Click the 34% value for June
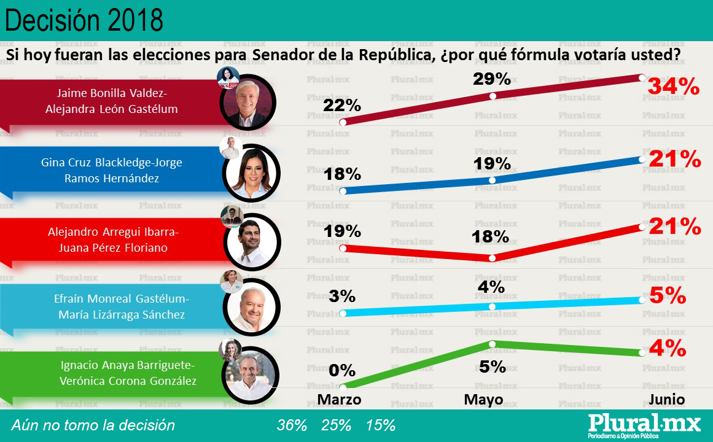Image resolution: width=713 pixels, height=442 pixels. coord(673,88)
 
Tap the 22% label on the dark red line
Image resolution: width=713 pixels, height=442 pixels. coord(342,106)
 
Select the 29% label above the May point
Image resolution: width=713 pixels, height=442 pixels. coord(492,79)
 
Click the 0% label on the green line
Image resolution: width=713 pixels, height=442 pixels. coord(342,371)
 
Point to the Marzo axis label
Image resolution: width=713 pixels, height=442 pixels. coord(339,400)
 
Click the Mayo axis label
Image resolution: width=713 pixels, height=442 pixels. coord(483,400)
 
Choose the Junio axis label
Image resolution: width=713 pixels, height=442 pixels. coord(667,400)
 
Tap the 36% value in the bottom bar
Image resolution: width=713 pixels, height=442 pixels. coord(292,425)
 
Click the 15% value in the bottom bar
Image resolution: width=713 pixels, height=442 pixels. coord(381,425)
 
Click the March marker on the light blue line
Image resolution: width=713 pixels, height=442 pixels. coord(343,313)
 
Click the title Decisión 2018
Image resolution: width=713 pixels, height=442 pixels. coord(84,21)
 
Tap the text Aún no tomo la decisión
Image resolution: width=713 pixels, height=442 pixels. coord(93,425)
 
